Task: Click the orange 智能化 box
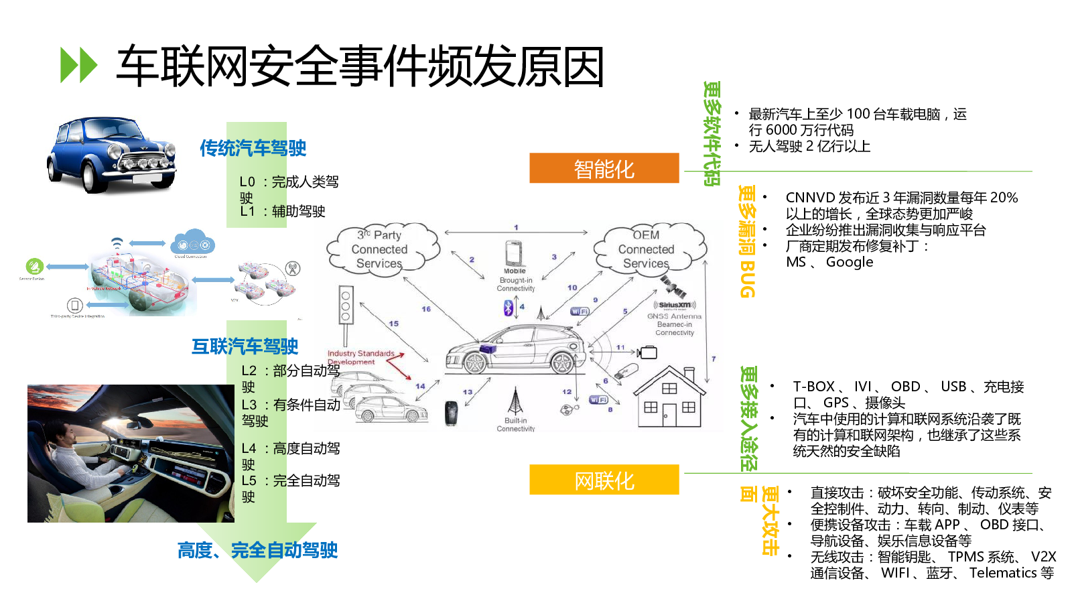point(604,168)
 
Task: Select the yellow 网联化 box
point(604,480)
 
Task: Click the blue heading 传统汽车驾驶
point(253,148)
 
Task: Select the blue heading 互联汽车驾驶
point(245,346)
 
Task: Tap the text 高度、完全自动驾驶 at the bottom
point(257,550)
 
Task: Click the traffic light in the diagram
point(346,306)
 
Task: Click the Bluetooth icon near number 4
point(509,308)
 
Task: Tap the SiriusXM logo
point(674,305)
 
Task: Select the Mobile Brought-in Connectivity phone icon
point(514,254)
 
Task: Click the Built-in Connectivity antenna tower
point(515,402)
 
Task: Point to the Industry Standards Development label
point(361,357)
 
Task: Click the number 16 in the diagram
point(426,309)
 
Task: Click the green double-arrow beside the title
point(79,65)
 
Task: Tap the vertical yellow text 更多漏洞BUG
point(747,241)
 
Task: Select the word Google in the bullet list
point(850,262)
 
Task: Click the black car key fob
point(452,413)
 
